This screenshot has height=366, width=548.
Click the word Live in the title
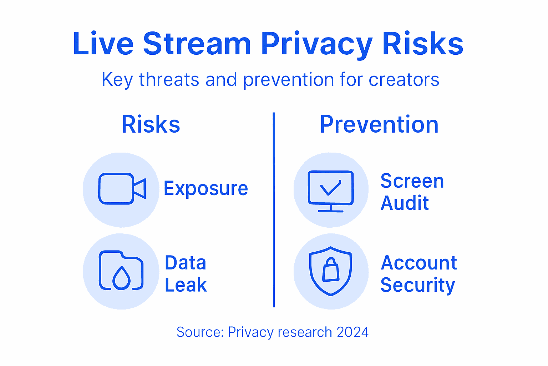(103, 44)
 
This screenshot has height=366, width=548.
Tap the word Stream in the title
(197, 44)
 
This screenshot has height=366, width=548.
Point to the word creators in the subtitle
(404, 79)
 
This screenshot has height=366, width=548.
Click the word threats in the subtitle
(169, 79)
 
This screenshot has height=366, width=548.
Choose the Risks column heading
(151, 124)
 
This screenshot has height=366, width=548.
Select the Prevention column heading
(379, 124)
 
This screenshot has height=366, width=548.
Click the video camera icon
(122, 189)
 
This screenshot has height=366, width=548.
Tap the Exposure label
(205, 188)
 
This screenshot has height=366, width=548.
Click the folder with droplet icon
(121, 271)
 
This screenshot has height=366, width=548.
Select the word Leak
(186, 285)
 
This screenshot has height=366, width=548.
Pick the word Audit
(405, 203)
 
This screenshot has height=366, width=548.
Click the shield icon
(331, 271)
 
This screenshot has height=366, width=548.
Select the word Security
(418, 285)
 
